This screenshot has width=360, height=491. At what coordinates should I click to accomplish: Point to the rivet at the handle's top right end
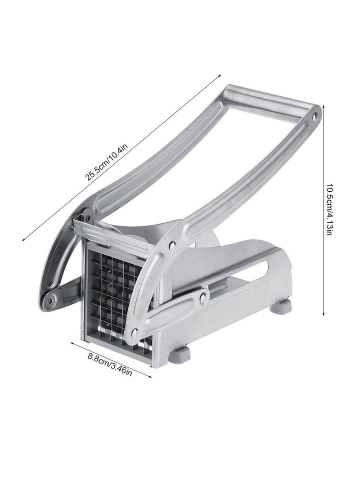click(x=314, y=117)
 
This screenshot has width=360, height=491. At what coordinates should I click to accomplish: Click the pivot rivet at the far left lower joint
click(x=49, y=302)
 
